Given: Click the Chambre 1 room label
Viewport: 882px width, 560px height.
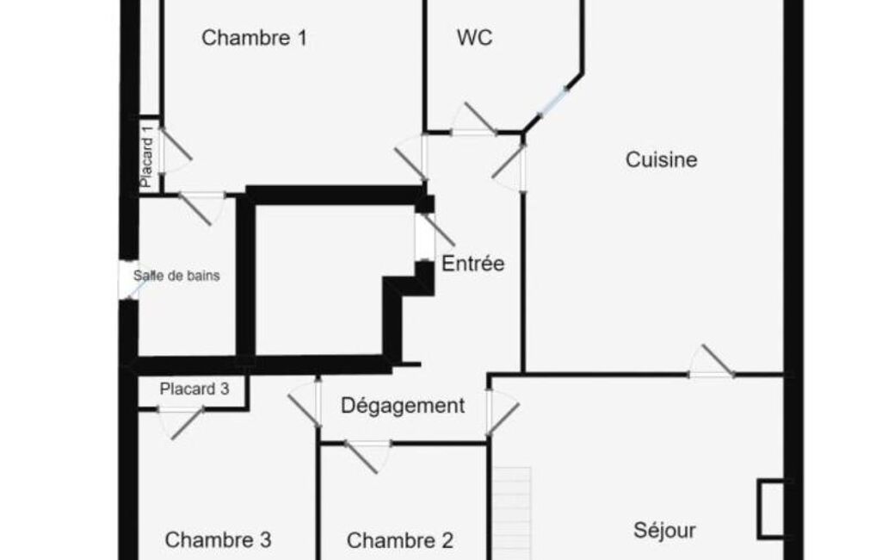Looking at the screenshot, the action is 254,38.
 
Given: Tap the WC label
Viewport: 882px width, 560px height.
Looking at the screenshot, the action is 475,38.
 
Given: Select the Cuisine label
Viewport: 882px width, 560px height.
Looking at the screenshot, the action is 662,159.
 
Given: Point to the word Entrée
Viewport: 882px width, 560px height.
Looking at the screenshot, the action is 473,263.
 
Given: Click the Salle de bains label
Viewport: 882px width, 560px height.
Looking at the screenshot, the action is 176,276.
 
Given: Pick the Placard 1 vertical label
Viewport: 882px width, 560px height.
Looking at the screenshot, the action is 147,156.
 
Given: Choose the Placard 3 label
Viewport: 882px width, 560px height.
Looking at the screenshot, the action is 194,389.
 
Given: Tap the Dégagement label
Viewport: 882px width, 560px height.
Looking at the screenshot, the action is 403,406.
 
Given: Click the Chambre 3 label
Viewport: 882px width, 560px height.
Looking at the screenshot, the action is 219,539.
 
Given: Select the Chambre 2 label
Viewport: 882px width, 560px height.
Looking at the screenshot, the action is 400,540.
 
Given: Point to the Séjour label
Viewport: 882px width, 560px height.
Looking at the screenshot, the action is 664,530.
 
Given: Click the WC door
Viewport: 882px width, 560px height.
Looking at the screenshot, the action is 473,120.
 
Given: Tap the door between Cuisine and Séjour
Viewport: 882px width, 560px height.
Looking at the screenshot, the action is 712,361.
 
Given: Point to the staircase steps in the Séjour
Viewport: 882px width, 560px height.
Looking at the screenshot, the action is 512,513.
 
